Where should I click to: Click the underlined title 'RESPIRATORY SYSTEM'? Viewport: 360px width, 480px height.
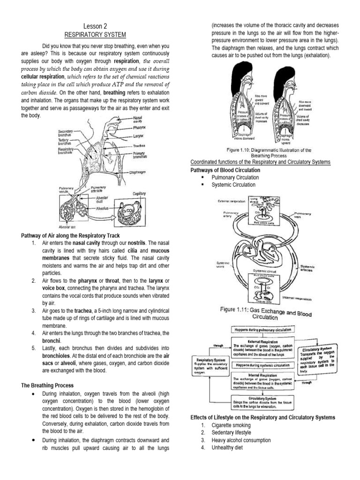[95, 35]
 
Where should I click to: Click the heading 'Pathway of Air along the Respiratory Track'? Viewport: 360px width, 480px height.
[71, 235]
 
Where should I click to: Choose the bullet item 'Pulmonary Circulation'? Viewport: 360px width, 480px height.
[235, 178]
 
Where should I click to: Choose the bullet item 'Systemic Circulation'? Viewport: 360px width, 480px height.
[234, 185]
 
